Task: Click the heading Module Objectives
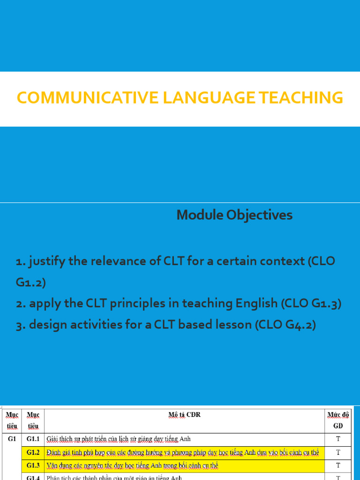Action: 234,215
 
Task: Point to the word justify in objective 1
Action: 47,262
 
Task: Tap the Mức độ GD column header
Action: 338,420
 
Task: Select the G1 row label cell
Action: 12,439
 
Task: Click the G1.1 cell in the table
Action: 33,439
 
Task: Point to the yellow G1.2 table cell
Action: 33,452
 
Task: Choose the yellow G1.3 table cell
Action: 33,465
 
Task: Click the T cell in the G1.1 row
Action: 338,439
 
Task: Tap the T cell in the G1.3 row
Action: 338,465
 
